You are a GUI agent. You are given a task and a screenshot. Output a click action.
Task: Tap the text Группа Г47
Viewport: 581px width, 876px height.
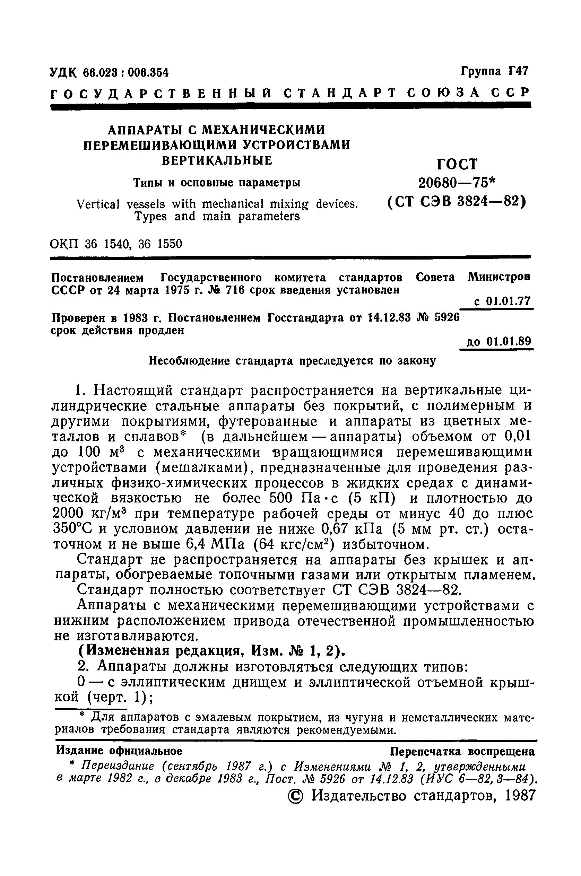pyautogui.click(x=494, y=70)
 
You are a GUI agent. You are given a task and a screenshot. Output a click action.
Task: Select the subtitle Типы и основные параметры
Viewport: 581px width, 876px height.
pyautogui.click(x=217, y=183)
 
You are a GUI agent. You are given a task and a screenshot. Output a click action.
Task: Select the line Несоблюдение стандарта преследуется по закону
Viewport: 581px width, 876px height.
pyautogui.click(x=292, y=361)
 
